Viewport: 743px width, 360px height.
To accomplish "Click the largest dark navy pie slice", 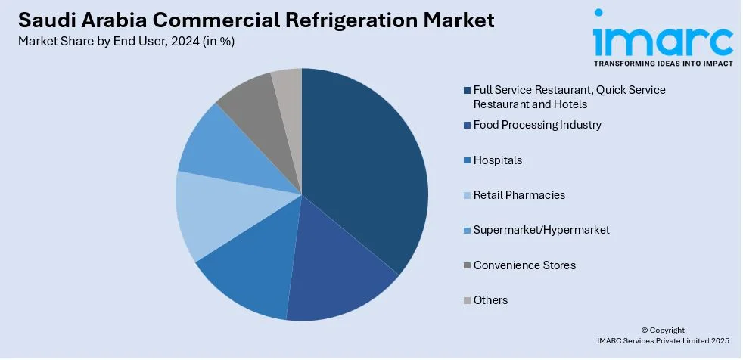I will pos(363,166).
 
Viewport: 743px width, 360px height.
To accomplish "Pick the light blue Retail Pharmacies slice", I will pos(212,216).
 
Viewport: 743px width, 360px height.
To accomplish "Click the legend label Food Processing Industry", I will pos(537,125).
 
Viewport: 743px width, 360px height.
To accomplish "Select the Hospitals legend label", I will pos(498,160).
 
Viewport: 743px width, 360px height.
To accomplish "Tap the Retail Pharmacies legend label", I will pos(519,195).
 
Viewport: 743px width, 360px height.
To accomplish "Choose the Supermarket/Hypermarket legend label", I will pos(541,230).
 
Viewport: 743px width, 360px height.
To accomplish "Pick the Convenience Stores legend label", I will pos(524,265).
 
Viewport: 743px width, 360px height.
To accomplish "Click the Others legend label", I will pos(490,300).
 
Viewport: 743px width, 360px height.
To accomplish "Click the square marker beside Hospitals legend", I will pos(466,160).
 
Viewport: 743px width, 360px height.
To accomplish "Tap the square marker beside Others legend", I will pos(466,300).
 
